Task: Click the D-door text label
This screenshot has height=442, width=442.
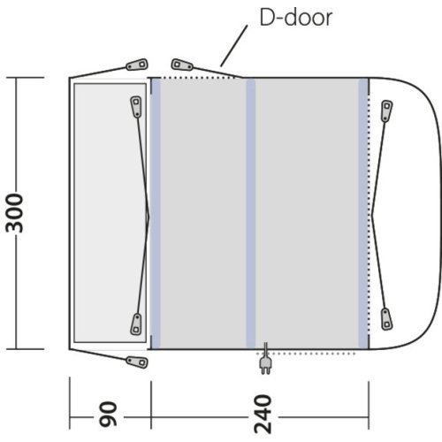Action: pos(295,18)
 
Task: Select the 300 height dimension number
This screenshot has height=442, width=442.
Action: pos(19,212)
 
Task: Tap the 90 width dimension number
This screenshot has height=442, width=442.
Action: pos(109,412)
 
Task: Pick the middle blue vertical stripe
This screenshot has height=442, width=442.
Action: pos(251,212)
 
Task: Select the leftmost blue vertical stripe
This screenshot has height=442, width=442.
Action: pos(156,212)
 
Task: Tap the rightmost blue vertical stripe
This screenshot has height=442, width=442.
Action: pos(363,212)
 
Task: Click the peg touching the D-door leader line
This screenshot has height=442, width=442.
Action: pos(183,65)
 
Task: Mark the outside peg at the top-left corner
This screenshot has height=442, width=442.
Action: pos(135,65)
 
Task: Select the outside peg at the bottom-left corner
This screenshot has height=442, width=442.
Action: pos(136,361)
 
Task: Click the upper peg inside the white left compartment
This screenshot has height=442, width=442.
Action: pos(137,106)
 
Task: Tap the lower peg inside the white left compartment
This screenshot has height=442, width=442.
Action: pos(137,324)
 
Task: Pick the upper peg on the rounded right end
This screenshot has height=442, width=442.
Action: pos(386,110)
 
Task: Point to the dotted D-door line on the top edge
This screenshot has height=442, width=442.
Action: pos(199,78)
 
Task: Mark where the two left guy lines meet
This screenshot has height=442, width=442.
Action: pos(149,213)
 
